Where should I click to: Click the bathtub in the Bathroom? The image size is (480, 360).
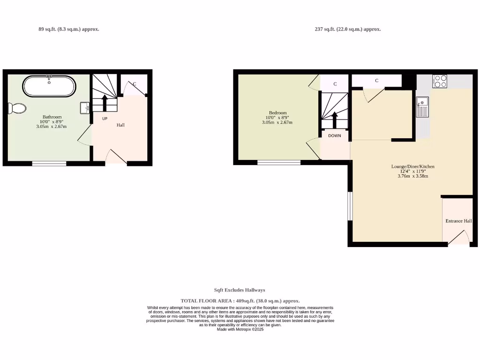49,86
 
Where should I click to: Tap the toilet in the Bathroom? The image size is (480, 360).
17,108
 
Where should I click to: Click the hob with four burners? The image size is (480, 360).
440,82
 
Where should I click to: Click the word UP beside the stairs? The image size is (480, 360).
105,119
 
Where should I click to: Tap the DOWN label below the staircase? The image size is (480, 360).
335,135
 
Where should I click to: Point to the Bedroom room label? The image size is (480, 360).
277,113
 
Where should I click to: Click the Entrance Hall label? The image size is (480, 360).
458,221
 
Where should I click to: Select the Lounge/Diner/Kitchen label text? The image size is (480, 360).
413,166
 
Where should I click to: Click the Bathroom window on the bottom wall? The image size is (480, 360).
49,164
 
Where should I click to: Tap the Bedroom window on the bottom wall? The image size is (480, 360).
279,163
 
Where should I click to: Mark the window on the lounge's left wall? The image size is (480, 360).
350,206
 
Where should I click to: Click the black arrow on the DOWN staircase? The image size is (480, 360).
335,120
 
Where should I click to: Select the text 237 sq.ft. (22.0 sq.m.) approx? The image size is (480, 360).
347,29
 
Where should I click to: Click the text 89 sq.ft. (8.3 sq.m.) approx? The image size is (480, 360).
68,29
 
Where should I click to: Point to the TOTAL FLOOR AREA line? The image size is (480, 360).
240,301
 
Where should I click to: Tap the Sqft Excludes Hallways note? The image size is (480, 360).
240,290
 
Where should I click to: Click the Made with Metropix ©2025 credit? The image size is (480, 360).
240,330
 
